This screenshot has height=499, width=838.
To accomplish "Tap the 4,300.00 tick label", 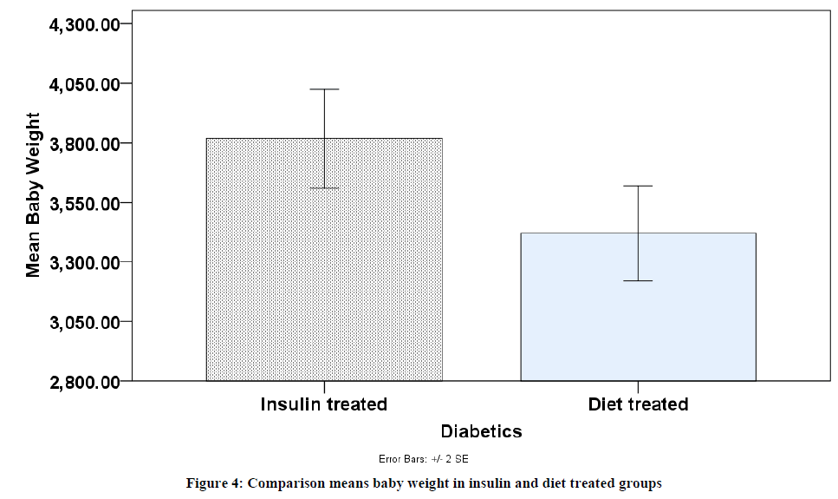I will click(84, 24).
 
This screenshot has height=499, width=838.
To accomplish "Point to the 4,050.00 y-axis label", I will click(84, 84).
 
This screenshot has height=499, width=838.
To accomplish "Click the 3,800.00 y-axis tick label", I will click(84, 143).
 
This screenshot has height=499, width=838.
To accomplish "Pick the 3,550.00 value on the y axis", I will click(84, 203).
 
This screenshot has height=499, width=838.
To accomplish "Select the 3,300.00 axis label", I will click(84, 262).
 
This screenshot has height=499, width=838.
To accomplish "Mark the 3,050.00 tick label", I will click(84, 322).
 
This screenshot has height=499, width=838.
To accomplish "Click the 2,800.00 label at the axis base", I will click(84, 382).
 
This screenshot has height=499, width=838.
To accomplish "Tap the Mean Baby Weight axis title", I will click(33, 194).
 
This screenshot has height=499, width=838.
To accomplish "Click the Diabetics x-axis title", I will click(481, 431).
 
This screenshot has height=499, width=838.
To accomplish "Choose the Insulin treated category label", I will click(324, 404).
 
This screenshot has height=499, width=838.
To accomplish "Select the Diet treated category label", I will click(638, 404).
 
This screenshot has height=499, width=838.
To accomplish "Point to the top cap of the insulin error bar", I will click(324, 89).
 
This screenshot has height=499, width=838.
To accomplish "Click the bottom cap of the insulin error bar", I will click(324, 188).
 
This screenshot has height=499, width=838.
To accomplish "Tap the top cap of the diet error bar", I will click(638, 186).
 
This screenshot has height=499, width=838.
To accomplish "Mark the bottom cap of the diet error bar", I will click(638, 281).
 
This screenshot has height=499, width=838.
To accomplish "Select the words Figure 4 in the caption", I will click(214, 483).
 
